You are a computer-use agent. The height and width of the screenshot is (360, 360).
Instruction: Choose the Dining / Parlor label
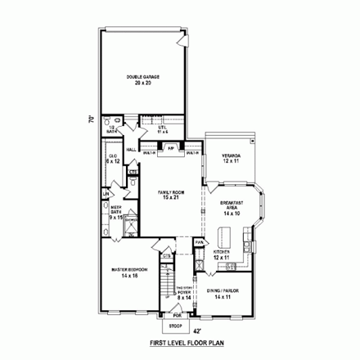point(227,295)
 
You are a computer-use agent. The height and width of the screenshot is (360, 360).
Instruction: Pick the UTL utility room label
point(151,128)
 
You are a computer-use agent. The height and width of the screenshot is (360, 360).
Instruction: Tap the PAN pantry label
point(198,241)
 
